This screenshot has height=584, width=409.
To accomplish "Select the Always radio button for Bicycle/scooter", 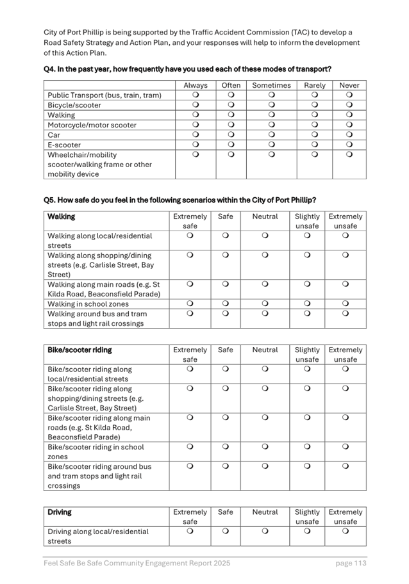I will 196,105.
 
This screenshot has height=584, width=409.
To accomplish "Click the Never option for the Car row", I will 349,135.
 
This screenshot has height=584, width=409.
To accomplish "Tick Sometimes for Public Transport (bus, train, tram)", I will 271,95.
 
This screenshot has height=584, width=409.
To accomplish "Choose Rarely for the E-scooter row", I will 314,145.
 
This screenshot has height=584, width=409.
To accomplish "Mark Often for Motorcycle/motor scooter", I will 231,125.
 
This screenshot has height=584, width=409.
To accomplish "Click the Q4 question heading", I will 187,69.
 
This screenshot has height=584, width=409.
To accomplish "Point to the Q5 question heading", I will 179,200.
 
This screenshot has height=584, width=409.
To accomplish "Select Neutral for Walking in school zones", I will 265,304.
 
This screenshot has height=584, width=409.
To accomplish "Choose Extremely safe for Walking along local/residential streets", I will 190,236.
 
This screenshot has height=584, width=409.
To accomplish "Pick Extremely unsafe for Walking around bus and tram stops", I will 346,314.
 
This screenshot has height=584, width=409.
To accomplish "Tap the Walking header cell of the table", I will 62,217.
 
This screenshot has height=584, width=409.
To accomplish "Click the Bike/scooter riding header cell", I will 79,350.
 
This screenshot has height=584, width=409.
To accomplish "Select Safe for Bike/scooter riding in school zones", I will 226,447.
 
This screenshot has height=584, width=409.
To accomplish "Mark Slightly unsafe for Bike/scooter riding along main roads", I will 306,418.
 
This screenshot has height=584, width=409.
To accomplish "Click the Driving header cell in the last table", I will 60,512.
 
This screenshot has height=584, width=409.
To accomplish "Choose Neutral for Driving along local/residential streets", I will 265,531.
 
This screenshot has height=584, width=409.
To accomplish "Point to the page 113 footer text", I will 351,564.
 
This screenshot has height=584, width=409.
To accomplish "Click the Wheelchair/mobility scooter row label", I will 99,164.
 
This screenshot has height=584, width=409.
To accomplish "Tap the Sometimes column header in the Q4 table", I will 271,85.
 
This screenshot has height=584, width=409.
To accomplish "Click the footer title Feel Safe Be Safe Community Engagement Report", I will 137,564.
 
